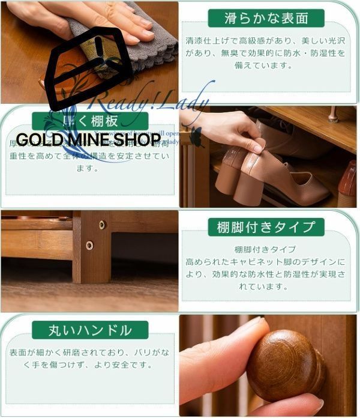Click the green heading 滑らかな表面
click(x=266, y=19)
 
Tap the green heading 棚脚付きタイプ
click(x=266, y=227)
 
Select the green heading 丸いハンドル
click(x=90, y=330)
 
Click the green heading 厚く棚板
click(x=90, y=121)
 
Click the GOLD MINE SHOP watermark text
click(x=88, y=141)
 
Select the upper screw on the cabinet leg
click(x=102, y=225)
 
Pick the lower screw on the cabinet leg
click(x=89, y=245)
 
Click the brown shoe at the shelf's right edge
click(x=347, y=186)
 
